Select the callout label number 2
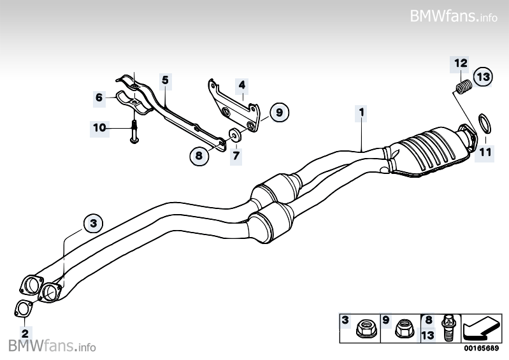click(25, 332)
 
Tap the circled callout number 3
click(93, 223)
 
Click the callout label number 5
click(164, 80)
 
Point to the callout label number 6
click(99, 97)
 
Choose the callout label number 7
click(235, 154)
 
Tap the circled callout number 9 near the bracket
click(278, 113)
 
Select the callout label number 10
click(99, 127)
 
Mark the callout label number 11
click(485, 152)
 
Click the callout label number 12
click(461, 62)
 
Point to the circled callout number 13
click(483, 77)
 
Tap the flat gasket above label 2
click(24, 308)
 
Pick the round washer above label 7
click(235, 135)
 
